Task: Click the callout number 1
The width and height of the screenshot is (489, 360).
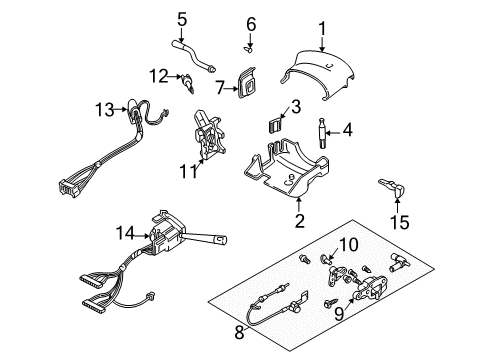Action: click(x=322, y=28)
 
